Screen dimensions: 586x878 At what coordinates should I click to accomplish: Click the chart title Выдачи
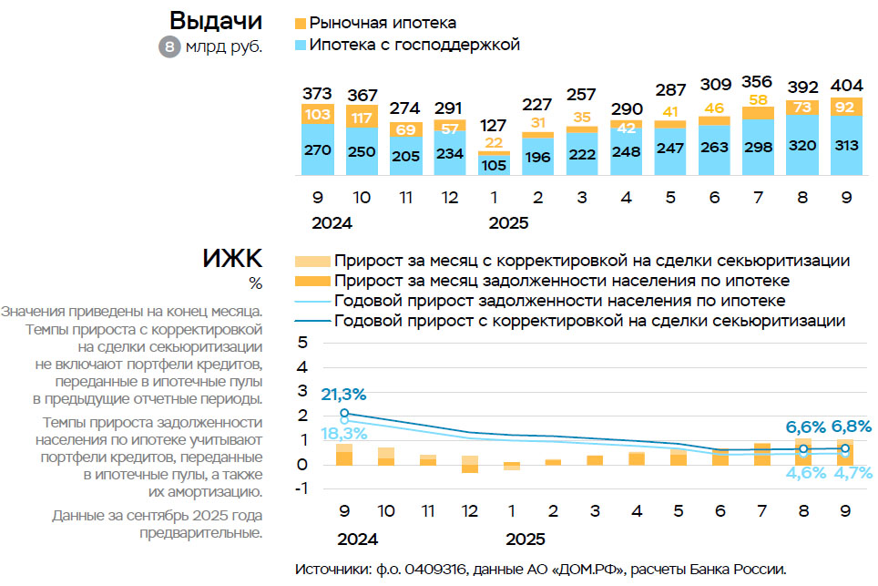pos(215,21)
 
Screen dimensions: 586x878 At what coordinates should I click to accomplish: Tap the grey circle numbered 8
pos(169,46)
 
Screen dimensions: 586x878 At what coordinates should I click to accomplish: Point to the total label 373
pos(317,93)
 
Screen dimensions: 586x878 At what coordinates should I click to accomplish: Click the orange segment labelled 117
pos(362,117)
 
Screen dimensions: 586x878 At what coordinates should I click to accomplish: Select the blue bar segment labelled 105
pos(494,165)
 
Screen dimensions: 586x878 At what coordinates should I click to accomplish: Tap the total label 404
pos(845,87)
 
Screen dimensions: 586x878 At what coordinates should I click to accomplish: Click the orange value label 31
pos(537,123)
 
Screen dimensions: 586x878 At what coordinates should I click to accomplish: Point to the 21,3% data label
pos(342,395)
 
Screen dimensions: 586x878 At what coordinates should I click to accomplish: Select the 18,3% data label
pos(342,434)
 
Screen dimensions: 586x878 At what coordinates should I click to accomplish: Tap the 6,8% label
pos(850,427)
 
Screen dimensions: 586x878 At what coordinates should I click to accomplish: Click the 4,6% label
pos(805,473)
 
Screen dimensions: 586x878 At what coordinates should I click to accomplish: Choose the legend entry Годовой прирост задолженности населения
pos(559,301)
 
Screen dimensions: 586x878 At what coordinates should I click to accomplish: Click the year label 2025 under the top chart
pos(508,222)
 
